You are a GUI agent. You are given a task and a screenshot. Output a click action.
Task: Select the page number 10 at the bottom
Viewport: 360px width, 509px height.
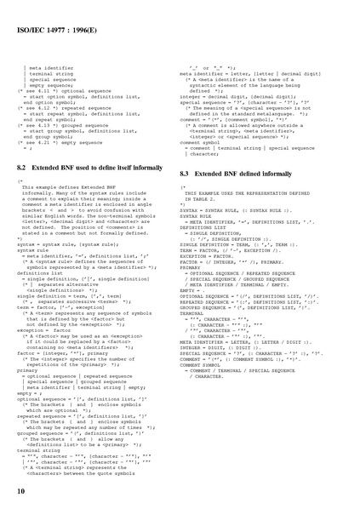coord(19,492)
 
